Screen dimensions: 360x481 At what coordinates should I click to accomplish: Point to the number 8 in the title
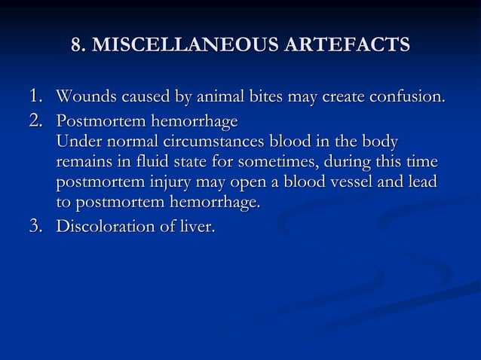coord(76,45)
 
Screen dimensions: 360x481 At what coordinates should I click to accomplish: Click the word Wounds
coord(84,98)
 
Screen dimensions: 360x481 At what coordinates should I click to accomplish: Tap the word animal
coord(222,98)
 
